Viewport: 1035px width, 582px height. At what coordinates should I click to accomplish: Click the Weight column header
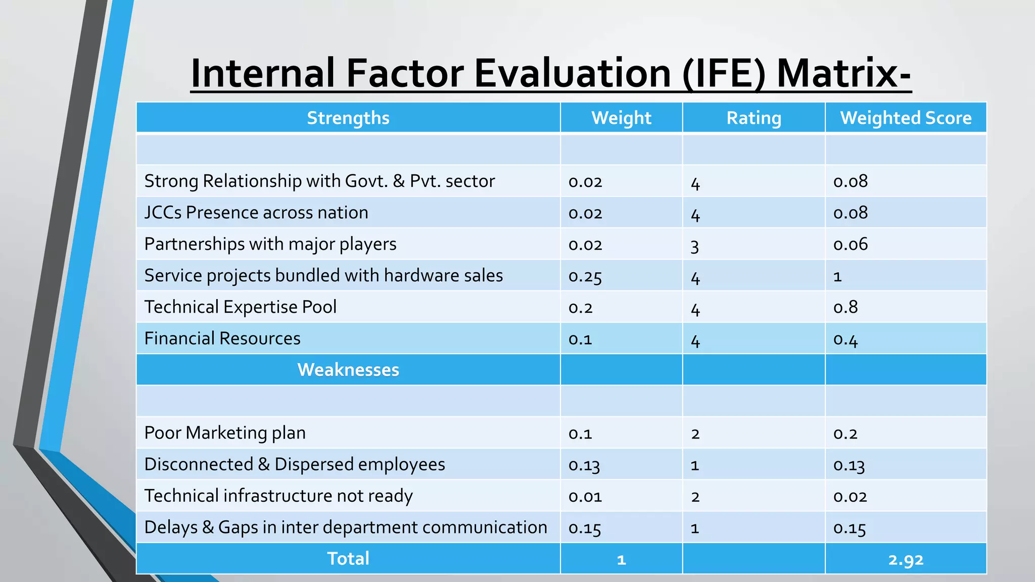coord(621,118)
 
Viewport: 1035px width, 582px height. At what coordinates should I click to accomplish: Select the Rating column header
coord(754,118)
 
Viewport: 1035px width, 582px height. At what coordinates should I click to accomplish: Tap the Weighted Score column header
coord(906,118)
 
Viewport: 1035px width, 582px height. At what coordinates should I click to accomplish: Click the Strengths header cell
coord(348,118)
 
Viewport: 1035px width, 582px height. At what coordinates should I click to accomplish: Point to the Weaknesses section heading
coord(348,370)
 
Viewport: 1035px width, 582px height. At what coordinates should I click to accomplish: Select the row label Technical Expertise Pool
coord(241,307)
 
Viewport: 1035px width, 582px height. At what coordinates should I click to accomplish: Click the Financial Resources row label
coord(222,338)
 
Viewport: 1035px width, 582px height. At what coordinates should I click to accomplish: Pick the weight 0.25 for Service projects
coord(585,276)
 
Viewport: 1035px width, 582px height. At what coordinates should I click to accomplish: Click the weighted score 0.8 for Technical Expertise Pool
coord(845,307)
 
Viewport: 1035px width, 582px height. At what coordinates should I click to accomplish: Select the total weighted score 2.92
coord(906,559)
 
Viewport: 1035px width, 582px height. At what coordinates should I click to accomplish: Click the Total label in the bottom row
coord(348,559)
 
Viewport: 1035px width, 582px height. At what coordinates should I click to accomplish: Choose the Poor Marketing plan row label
coord(225,433)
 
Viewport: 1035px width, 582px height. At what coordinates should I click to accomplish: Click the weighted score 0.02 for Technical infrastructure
coord(850,497)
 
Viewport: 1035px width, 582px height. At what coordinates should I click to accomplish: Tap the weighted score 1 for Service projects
coord(837,276)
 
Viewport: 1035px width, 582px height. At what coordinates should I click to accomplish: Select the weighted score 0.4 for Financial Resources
coord(845,339)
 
